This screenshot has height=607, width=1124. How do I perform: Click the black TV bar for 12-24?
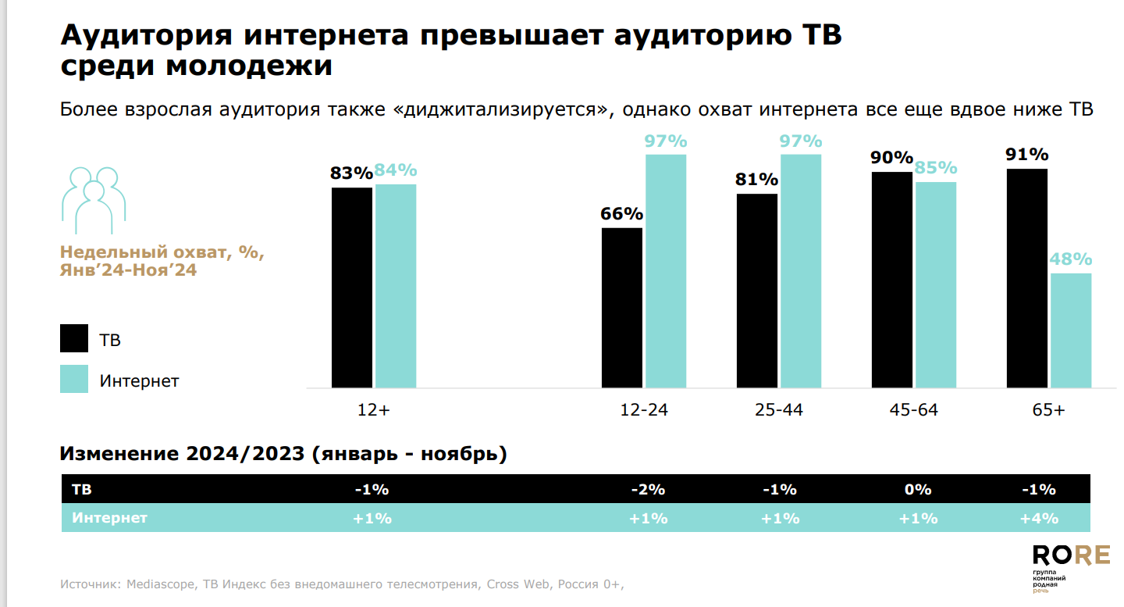tap(622, 308)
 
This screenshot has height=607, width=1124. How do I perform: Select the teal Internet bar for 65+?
tap(1071, 330)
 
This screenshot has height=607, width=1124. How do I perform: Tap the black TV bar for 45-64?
tap(892, 280)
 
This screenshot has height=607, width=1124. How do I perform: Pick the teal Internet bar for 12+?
tap(396, 286)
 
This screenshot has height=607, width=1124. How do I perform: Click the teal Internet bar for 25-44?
tap(801, 271)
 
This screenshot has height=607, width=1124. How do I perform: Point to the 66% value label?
tap(621, 214)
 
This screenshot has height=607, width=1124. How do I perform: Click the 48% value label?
tap(1071, 260)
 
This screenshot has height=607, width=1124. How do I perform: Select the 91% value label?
tap(1027, 155)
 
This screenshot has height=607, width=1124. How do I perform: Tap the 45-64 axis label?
tap(914, 410)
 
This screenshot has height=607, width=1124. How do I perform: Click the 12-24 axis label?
tap(644, 410)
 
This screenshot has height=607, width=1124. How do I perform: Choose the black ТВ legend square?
tap(74, 339)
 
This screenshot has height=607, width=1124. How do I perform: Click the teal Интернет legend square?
tap(74, 379)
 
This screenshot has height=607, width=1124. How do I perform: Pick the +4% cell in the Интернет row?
tap(1039, 518)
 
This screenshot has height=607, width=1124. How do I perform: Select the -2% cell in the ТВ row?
tap(648, 490)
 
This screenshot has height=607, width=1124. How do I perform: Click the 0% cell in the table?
tap(919, 490)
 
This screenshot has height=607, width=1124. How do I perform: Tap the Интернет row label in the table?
tap(110, 518)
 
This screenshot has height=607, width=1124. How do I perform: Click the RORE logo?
tap(1071, 555)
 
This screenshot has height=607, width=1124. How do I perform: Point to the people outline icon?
tap(94, 199)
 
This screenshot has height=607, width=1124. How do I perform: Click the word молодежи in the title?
tap(251, 66)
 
